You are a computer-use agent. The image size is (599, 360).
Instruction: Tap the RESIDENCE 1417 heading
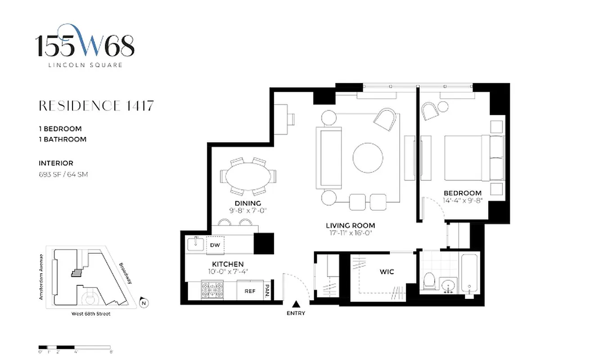click(96, 106)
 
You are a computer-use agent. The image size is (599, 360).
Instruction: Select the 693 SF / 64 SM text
click(63, 174)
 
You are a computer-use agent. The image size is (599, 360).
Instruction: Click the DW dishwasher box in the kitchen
click(215, 245)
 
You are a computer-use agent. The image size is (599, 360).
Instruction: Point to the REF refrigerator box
click(250, 291)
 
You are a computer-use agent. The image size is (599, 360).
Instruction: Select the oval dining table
click(248, 176)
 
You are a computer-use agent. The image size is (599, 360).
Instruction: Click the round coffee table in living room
click(368, 158)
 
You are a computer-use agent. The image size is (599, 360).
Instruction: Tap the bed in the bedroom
click(468, 157)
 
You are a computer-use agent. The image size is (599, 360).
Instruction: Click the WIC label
click(387, 272)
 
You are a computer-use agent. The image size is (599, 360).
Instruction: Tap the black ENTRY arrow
click(296, 304)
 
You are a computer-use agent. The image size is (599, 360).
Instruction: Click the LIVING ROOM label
click(350, 225)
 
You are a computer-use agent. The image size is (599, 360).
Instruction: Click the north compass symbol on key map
click(143, 303)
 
